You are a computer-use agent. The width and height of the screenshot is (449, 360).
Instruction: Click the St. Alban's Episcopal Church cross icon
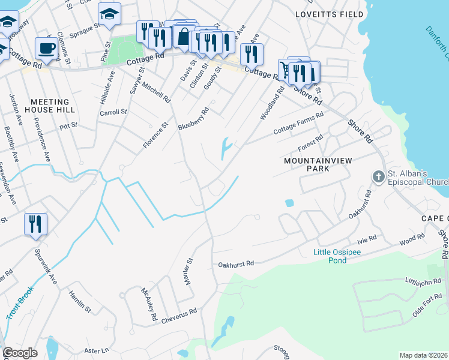point(378,177)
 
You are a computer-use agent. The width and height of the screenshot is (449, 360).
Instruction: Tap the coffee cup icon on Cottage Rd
point(46,48)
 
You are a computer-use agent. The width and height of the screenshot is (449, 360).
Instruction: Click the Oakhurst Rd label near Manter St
point(236,263)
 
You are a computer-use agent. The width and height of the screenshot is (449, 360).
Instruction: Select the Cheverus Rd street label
point(179,316)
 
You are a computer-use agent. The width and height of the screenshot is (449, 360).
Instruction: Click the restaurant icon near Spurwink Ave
point(36,224)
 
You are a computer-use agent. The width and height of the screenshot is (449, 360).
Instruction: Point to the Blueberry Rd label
point(193,119)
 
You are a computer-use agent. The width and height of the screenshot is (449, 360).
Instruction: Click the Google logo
point(20,353)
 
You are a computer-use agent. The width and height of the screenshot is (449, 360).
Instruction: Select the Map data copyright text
point(424,355)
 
